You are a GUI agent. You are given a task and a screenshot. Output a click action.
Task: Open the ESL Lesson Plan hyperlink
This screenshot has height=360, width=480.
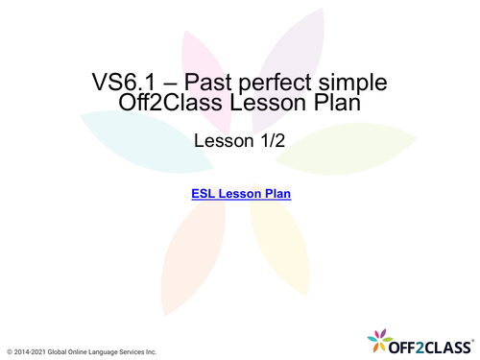241,194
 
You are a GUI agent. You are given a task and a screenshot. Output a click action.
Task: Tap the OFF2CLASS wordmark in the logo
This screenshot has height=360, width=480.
432,340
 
